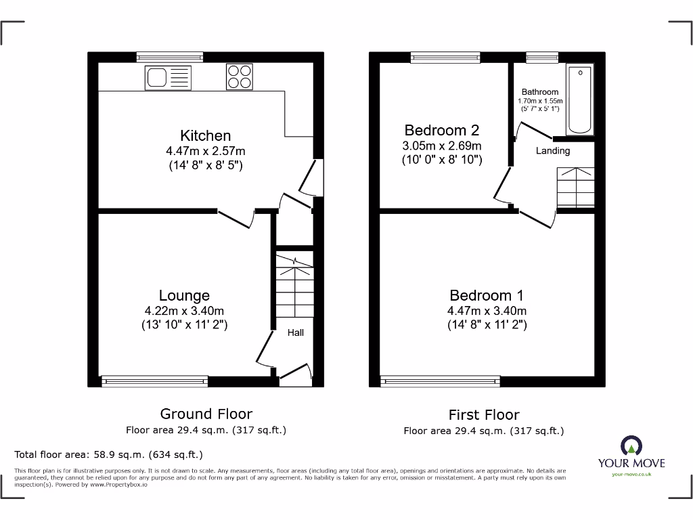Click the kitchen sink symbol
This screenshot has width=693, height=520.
coord(168,77)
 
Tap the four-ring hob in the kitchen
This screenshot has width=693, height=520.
coord(239,77)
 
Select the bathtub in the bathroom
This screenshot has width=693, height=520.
coord(580,100)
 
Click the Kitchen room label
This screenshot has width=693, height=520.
coord(205,135)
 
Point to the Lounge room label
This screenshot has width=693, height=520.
coord(184,295)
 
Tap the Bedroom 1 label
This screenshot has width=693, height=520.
coord(487,295)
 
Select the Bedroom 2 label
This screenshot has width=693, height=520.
coord(436,130)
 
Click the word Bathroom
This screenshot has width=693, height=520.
coord(539,92)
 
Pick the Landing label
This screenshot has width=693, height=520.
coord(553,151)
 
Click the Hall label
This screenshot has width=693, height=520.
coord(296,332)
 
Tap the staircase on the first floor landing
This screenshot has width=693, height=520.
coord(575,187)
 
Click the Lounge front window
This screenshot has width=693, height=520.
coord(154,382)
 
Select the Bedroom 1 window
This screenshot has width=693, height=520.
coord(441,382)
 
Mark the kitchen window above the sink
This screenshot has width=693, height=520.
coord(169,57)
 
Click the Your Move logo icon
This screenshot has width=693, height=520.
coord(631,446)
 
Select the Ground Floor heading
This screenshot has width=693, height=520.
coord(206,414)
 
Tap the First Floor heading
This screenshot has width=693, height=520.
coord(484,414)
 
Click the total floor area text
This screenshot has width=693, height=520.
coord(108,454)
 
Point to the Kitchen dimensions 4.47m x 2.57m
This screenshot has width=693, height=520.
coord(205,151)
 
